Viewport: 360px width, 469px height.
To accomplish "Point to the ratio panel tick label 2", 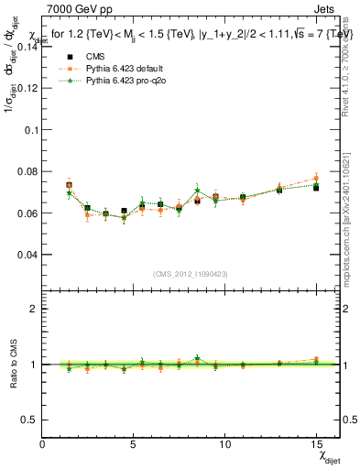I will click(x=33, y=309).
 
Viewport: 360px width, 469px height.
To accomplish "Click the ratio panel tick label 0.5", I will click(x=29, y=420).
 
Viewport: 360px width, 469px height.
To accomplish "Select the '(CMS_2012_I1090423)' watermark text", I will click(x=191, y=273).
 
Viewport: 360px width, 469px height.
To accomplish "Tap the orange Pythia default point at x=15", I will click(x=316, y=179).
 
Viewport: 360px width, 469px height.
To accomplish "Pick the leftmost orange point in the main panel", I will click(x=70, y=184).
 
